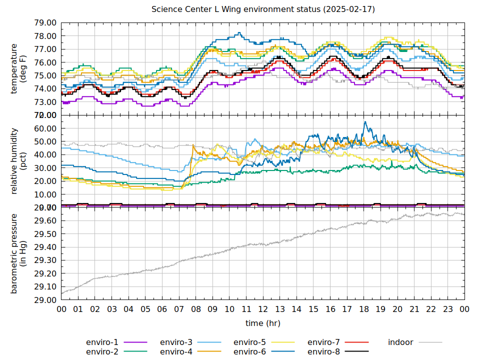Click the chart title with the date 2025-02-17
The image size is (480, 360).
tap(263, 9)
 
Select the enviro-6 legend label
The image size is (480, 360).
tap(249, 352)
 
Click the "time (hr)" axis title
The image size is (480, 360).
tap(263, 323)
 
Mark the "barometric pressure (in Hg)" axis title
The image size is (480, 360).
tap(17, 253)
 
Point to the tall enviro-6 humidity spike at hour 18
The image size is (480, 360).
tap(365, 122)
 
